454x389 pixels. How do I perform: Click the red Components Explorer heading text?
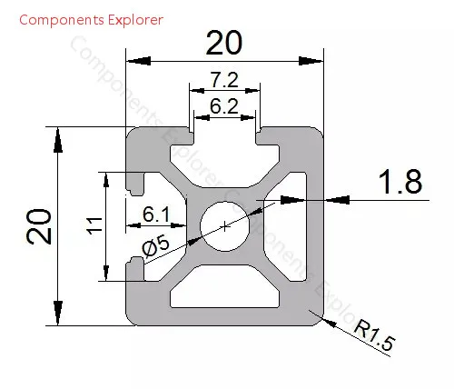91,20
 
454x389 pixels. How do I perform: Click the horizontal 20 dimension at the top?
224,43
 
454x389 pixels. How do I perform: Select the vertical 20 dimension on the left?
39,226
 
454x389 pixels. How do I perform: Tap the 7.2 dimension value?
224,80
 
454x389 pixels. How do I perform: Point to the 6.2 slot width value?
224,106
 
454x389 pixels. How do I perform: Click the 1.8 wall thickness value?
400,182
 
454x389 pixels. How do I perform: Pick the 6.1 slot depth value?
156,214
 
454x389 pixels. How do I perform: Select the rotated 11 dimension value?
94,225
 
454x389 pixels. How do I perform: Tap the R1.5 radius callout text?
375,335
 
